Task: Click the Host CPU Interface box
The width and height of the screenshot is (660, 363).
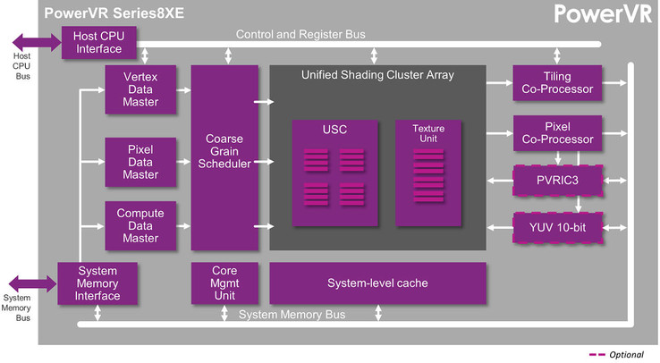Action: pyautogui.click(x=99, y=43)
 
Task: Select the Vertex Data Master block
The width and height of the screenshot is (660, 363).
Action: pyautogui.click(x=140, y=89)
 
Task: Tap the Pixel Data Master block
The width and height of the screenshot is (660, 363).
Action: pyautogui.click(x=140, y=162)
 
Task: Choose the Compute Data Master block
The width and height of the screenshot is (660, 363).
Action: pyautogui.click(x=140, y=226)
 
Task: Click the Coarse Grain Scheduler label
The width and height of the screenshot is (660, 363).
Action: pyautogui.click(x=224, y=151)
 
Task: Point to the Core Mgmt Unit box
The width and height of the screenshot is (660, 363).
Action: pyautogui.click(x=224, y=283)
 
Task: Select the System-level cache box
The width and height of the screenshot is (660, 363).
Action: pyautogui.click(x=377, y=283)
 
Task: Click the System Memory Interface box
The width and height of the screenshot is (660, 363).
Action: pyautogui.click(x=97, y=283)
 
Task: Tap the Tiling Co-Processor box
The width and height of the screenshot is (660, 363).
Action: pyautogui.click(x=557, y=83)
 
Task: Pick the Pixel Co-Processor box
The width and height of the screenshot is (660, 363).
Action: pyautogui.click(x=557, y=133)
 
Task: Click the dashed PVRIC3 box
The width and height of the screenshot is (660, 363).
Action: pyautogui.click(x=558, y=181)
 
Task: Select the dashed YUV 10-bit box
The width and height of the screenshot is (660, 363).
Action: pyautogui.click(x=558, y=228)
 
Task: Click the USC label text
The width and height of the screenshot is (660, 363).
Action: pyautogui.click(x=334, y=129)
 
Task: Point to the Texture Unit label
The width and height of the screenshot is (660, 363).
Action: pyautogui.click(x=428, y=133)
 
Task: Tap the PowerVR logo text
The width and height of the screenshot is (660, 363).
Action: pyautogui.click(x=603, y=13)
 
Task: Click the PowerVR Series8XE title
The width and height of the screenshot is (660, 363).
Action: pyautogui.click(x=114, y=13)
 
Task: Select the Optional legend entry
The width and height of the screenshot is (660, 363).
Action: pyautogui.click(x=616, y=355)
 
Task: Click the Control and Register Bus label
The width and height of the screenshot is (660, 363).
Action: pyautogui.click(x=300, y=34)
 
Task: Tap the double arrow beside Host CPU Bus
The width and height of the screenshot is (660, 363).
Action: pyautogui.click(x=37, y=42)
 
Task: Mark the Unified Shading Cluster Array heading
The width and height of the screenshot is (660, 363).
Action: pyautogui.click(x=377, y=75)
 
